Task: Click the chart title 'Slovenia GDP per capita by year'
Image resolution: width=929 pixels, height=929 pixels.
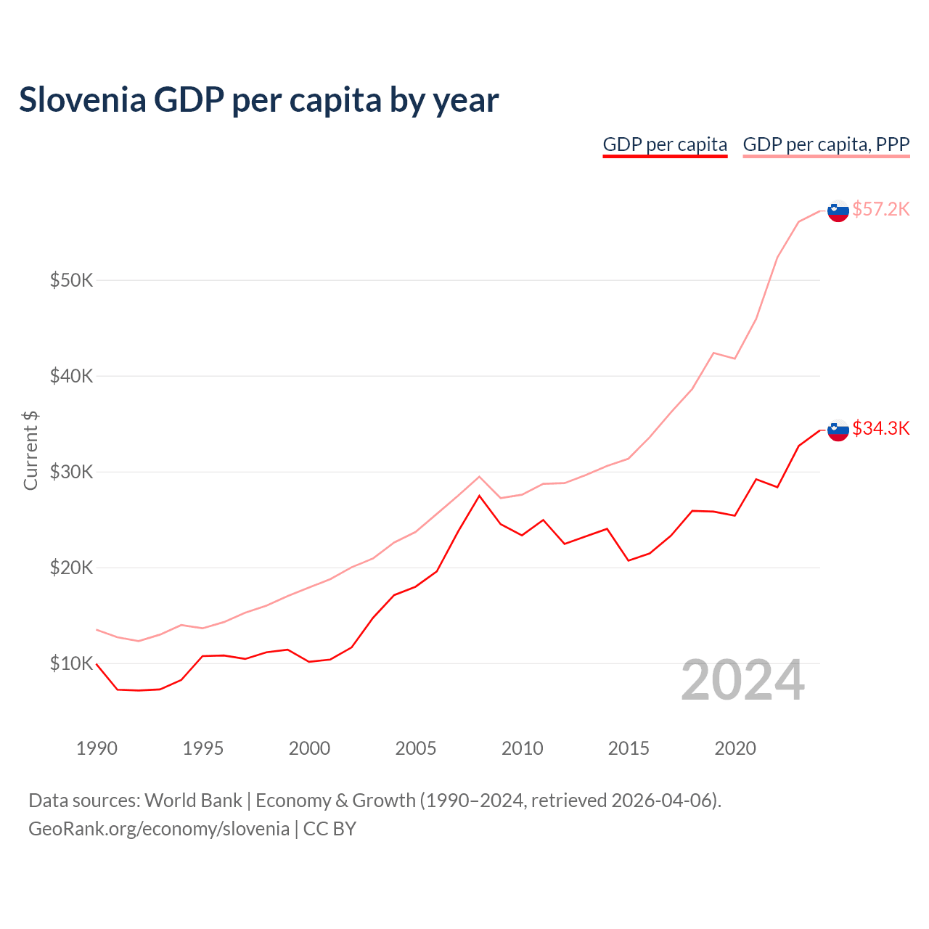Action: (x=258, y=100)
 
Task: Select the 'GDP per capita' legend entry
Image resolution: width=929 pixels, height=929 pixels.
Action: (x=665, y=144)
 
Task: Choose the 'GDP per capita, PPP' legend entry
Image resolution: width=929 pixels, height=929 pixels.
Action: (x=826, y=144)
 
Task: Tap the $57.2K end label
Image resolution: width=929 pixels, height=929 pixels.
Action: (x=880, y=209)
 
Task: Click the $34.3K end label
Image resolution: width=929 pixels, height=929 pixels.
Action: (x=880, y=428)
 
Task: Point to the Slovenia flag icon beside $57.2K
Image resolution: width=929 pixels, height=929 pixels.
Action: (x=838, y=210)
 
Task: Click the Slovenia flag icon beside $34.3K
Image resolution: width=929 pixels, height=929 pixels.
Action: (x=838, y=430)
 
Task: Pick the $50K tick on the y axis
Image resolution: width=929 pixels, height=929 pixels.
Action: (x=71, y=280)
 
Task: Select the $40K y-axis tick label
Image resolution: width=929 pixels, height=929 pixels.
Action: (x=71, y=376)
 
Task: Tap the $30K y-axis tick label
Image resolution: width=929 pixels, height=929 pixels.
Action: (x=71, y=472)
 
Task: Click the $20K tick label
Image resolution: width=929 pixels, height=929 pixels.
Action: (x=71, y=568)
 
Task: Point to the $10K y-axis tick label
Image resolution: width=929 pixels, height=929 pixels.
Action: (x=71, y=663)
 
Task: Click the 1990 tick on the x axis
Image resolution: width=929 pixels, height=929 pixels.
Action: (x=97, y=748)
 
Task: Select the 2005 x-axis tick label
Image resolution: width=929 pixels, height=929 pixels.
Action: (x=416, y=748)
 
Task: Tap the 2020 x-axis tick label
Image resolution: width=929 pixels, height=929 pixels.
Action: (x=735, y=748)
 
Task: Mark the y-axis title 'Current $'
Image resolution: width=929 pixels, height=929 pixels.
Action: (x=30, y=450)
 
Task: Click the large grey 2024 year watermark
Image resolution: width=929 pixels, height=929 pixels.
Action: (x=742, y=681)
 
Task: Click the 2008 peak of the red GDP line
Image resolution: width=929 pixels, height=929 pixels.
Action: (x=479, y=496)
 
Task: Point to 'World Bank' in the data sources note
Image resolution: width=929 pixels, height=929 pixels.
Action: (x=193, y=801)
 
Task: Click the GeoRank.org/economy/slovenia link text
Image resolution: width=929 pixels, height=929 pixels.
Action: (x=159, y=829)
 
